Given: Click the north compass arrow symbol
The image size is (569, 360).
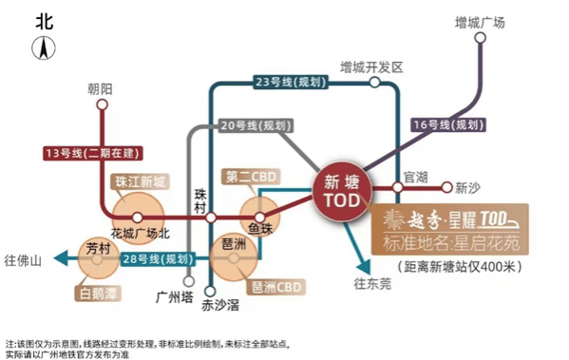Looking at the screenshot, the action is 44,47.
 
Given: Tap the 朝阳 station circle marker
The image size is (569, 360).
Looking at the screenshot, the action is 103,104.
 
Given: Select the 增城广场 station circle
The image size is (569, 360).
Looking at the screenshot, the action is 480,37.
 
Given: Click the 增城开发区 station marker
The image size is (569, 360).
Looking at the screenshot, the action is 374,83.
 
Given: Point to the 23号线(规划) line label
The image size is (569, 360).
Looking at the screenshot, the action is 290,82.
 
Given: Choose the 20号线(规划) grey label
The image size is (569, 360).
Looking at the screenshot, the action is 256,125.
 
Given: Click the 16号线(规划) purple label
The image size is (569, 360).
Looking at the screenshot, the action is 448,124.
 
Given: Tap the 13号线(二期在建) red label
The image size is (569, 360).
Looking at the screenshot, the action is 92,153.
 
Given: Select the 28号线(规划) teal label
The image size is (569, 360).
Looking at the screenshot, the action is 158,259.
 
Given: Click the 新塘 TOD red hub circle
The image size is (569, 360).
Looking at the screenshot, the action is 342,191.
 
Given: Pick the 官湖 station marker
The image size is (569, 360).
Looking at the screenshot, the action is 398,187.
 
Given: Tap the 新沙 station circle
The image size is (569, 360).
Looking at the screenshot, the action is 447,187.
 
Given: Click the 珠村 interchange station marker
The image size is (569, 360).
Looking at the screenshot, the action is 211,218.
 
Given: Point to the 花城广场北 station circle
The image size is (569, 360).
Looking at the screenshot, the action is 137,218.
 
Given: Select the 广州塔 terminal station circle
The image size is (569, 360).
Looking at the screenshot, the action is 189,281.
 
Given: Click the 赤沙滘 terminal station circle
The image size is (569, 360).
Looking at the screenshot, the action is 210,291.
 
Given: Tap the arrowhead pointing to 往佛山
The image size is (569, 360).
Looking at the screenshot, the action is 60,258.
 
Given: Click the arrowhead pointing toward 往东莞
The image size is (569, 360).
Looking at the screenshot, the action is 365,267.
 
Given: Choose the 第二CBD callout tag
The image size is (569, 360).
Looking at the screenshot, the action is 251,177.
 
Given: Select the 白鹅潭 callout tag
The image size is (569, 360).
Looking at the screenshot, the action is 98,294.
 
